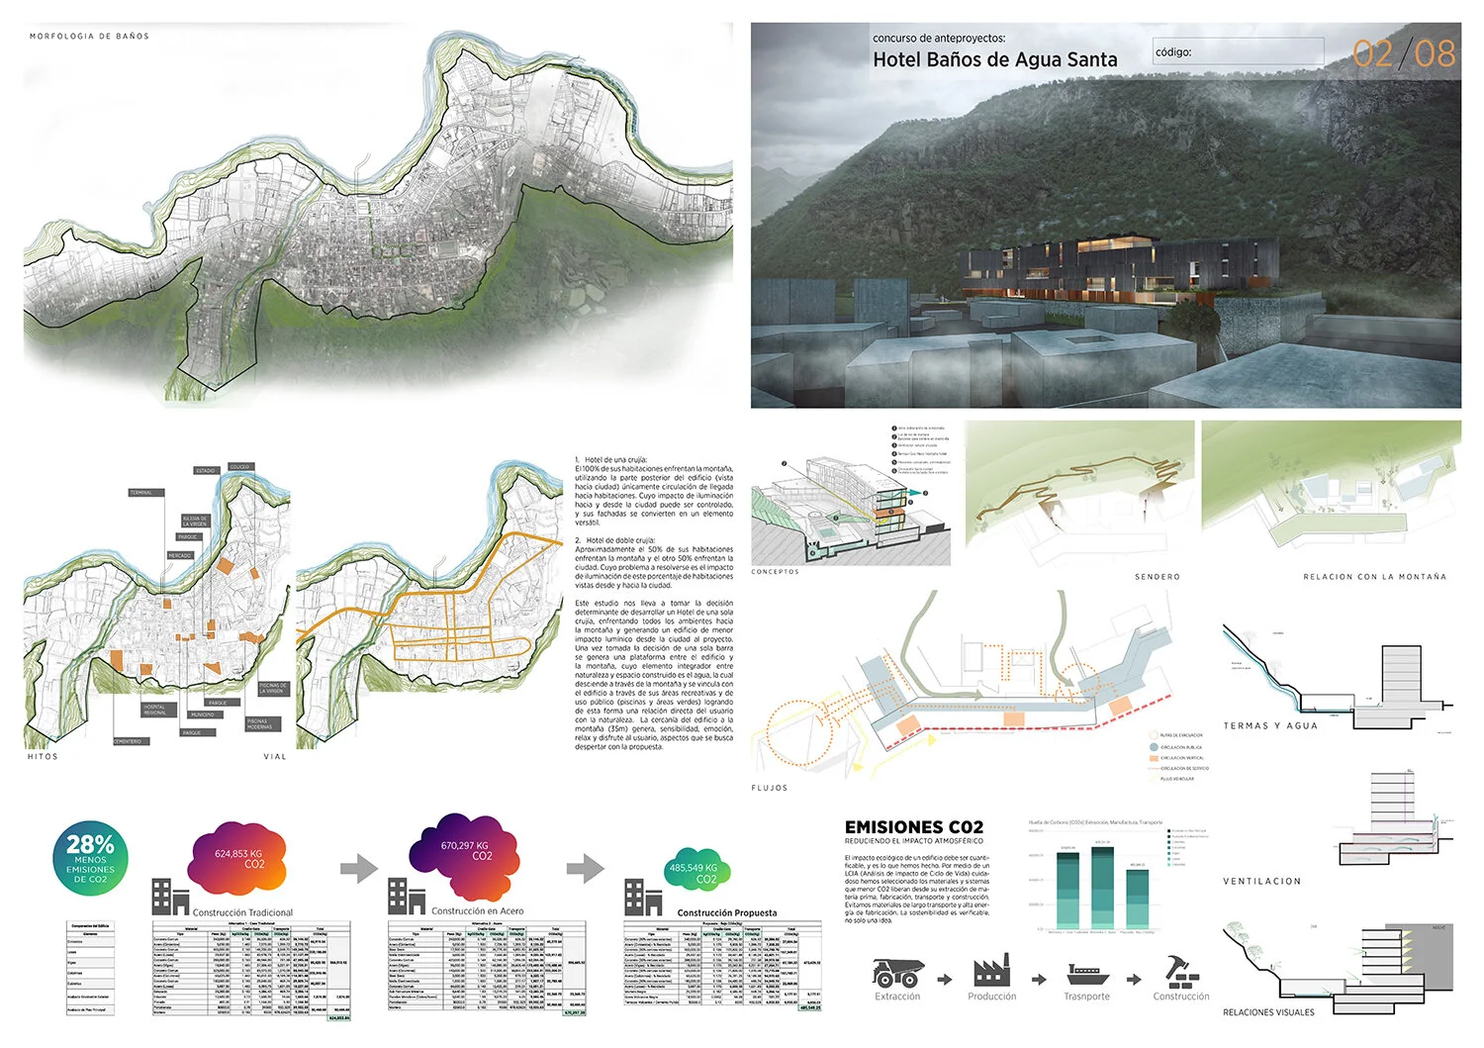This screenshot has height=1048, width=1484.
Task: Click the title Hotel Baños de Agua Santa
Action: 994,59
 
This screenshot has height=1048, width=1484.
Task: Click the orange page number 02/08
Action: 1404,53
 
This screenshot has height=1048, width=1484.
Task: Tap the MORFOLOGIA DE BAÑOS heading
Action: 89,36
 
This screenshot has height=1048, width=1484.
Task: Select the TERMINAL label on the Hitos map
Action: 141,492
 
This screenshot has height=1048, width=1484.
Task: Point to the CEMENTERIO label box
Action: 129,741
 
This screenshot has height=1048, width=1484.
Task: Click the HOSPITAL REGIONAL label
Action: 156,709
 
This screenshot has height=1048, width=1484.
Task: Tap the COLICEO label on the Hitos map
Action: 239,467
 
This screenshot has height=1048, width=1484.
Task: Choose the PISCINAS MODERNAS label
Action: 259,724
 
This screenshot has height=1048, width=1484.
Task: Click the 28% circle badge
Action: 90,857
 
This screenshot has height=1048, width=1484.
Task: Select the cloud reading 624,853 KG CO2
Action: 237,858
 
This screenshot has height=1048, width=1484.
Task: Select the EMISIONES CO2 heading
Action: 913,827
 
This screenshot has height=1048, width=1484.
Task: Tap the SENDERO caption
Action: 1157,576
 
